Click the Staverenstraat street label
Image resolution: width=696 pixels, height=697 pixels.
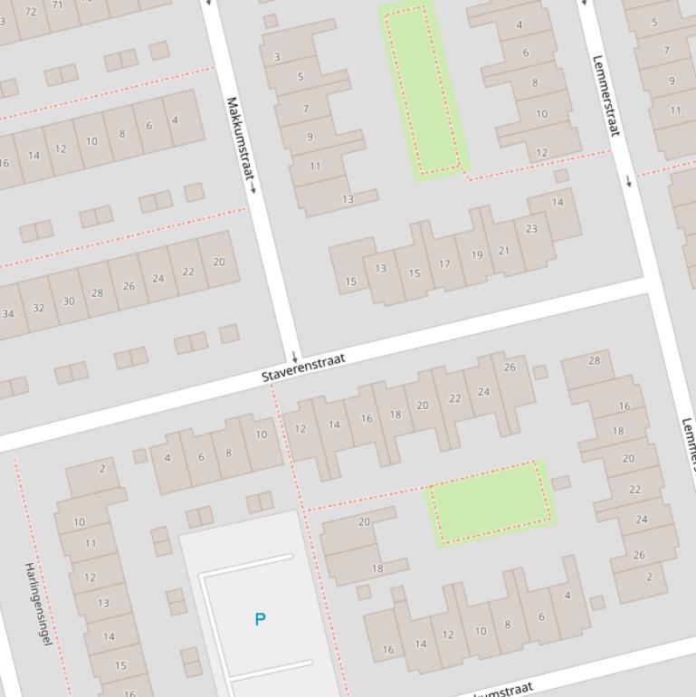(x=303, y=367)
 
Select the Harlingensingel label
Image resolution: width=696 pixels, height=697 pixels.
(x=37, y=603)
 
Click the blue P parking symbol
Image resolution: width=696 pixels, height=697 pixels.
(x=261, y=619)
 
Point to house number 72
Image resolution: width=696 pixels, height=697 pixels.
(x=32, y=12)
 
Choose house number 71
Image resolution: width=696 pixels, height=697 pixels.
(x=59, y=5)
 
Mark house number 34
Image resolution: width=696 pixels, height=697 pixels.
(x=8, y=314)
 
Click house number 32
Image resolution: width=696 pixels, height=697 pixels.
(x=38, y=308)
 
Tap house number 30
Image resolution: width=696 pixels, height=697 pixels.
(x=69, y=301)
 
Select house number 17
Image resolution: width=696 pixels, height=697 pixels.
(x=444, y=264)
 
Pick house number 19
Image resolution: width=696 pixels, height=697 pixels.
(x=476, y=255)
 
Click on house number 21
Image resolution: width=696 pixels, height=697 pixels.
(x=504, y=251)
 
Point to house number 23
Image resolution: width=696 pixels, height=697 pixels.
(x=531, y=229)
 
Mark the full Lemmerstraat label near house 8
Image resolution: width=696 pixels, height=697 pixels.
(x=605, y=95)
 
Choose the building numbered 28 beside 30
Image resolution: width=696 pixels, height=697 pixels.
(x=97, y=293)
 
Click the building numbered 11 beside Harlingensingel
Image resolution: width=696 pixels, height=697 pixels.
(x=90, y=544)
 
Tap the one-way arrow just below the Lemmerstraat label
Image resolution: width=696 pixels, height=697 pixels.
(x=629, y=181)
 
